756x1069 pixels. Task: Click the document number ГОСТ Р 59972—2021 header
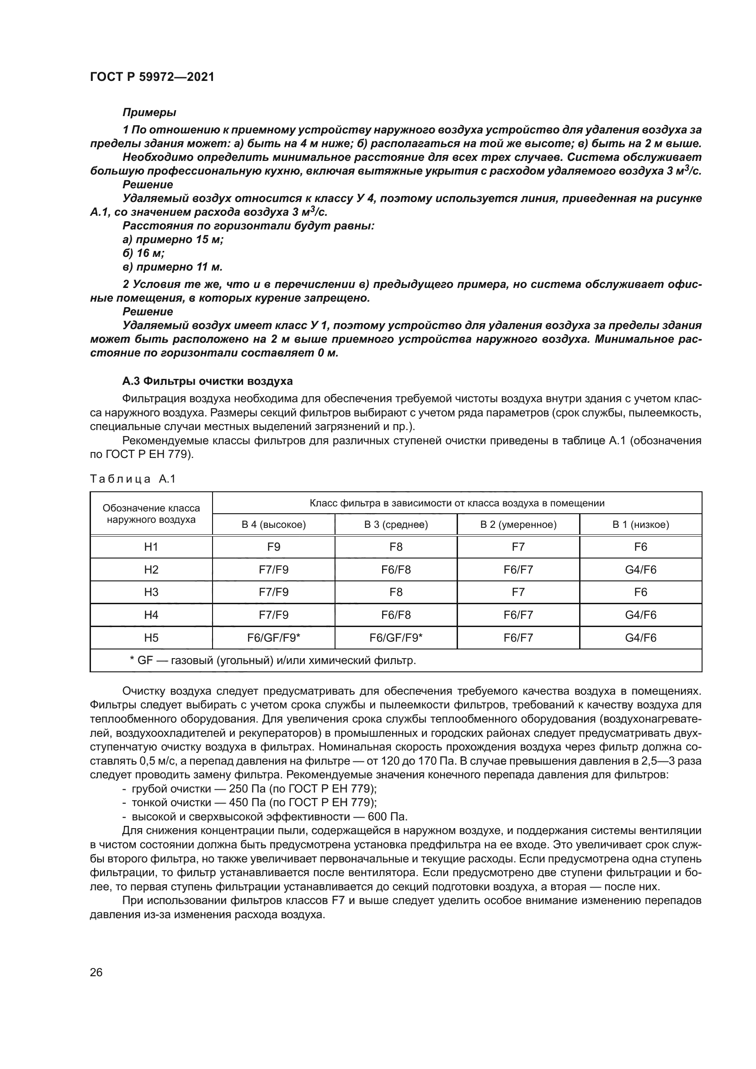152,77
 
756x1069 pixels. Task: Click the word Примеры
149,112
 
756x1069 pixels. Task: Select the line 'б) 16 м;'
144,253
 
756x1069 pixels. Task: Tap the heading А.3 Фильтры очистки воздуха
207,381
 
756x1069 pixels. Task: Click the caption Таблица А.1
132,479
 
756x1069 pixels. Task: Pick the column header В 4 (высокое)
273,525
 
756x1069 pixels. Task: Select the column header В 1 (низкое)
640,525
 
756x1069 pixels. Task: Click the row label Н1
151,547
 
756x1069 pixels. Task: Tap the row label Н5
151,638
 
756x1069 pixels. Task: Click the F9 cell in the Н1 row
273,547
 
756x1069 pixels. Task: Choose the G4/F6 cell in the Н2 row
640,569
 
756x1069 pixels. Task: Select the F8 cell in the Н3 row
396,592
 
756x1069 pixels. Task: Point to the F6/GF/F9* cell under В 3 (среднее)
396,638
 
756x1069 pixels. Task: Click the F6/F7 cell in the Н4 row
518,615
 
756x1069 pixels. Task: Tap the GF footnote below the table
273,660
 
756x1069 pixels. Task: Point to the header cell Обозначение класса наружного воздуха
151,514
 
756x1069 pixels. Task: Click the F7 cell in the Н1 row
518,547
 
